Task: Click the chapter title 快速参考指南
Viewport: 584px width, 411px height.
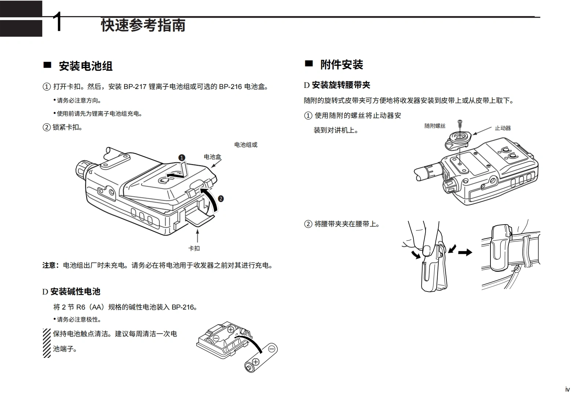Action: [x=143, y=25]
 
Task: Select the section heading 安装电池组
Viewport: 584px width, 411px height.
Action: [x=85, y=66]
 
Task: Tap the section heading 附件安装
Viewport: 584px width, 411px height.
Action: [x=342, y=65]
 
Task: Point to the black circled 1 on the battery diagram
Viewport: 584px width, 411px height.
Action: [x=182, y=158]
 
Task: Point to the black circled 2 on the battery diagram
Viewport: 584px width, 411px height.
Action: [x=220, y=199]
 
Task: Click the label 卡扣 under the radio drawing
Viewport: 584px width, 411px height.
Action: [x=194, y=248]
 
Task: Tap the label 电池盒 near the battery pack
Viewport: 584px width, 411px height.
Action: [x=212, y=157]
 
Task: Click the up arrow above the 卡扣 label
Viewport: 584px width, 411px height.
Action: [x=197, y=235]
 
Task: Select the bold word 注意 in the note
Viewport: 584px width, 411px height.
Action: [x=49, y=265]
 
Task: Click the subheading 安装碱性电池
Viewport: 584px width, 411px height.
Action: [x=75, y=292]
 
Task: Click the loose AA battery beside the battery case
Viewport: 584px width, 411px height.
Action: [x=261, y=358]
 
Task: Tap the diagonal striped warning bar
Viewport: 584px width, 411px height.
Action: [x=47, y=343]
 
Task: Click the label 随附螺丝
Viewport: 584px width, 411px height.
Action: [x=435, y=126]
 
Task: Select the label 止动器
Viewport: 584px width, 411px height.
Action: [x=503, y=128]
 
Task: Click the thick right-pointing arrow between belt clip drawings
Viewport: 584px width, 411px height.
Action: [x=465, y=252]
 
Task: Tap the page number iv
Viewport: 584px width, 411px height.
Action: [x=567, y=389]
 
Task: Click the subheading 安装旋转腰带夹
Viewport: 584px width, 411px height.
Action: [x=341, y=85]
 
